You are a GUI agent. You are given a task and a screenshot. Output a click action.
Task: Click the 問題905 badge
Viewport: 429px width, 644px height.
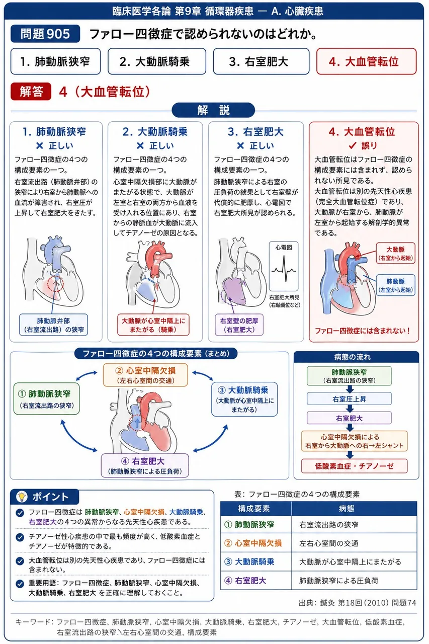tap(45, 34)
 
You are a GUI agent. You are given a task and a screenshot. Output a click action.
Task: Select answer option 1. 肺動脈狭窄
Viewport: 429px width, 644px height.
tap(55, 61)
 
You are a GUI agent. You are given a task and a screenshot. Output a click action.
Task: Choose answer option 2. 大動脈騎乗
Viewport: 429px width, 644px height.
tap(157, 61)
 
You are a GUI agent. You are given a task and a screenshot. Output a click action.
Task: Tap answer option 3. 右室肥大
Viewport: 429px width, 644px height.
tap(261, 61)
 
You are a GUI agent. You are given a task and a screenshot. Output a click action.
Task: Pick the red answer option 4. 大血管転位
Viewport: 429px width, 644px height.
tap(366, 61)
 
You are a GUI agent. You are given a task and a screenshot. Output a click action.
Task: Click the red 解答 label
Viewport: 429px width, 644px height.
tap(31, 92)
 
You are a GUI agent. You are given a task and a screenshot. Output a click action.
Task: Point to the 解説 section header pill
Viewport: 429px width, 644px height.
tap(213, 110)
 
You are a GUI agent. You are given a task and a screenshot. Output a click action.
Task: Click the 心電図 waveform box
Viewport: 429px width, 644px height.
tap(284, 266)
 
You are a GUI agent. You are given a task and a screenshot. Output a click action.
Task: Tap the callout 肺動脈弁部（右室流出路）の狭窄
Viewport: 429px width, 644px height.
tap(53, 325)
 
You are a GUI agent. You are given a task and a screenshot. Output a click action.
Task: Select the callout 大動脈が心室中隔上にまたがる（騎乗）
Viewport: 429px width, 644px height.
tap(153, 325)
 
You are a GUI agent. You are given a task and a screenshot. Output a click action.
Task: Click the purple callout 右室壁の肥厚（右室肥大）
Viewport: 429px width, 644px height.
tap(239, 325)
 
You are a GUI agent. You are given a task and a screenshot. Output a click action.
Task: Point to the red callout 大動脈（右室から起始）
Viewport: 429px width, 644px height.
tap(395, 253)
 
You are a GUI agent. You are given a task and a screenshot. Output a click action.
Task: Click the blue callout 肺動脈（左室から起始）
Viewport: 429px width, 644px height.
tap(395, 285)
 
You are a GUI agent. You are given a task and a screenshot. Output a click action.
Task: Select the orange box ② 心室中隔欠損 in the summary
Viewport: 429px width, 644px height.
tap(145, 375)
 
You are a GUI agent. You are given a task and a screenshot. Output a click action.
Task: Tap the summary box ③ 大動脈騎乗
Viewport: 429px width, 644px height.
tap(244, 399)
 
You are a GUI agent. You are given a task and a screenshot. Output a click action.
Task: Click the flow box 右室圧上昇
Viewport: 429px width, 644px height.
tap(349, 399)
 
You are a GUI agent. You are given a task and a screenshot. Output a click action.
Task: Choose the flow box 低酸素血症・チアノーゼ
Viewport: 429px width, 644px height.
tap(354, 466)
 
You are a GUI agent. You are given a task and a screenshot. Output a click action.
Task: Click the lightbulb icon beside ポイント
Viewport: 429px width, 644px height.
tap(22, 497)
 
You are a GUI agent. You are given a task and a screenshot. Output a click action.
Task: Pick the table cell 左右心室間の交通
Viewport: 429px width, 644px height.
tap(329, 543)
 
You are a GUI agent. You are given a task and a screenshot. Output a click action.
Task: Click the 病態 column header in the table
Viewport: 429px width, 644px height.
tap(347, 509)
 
